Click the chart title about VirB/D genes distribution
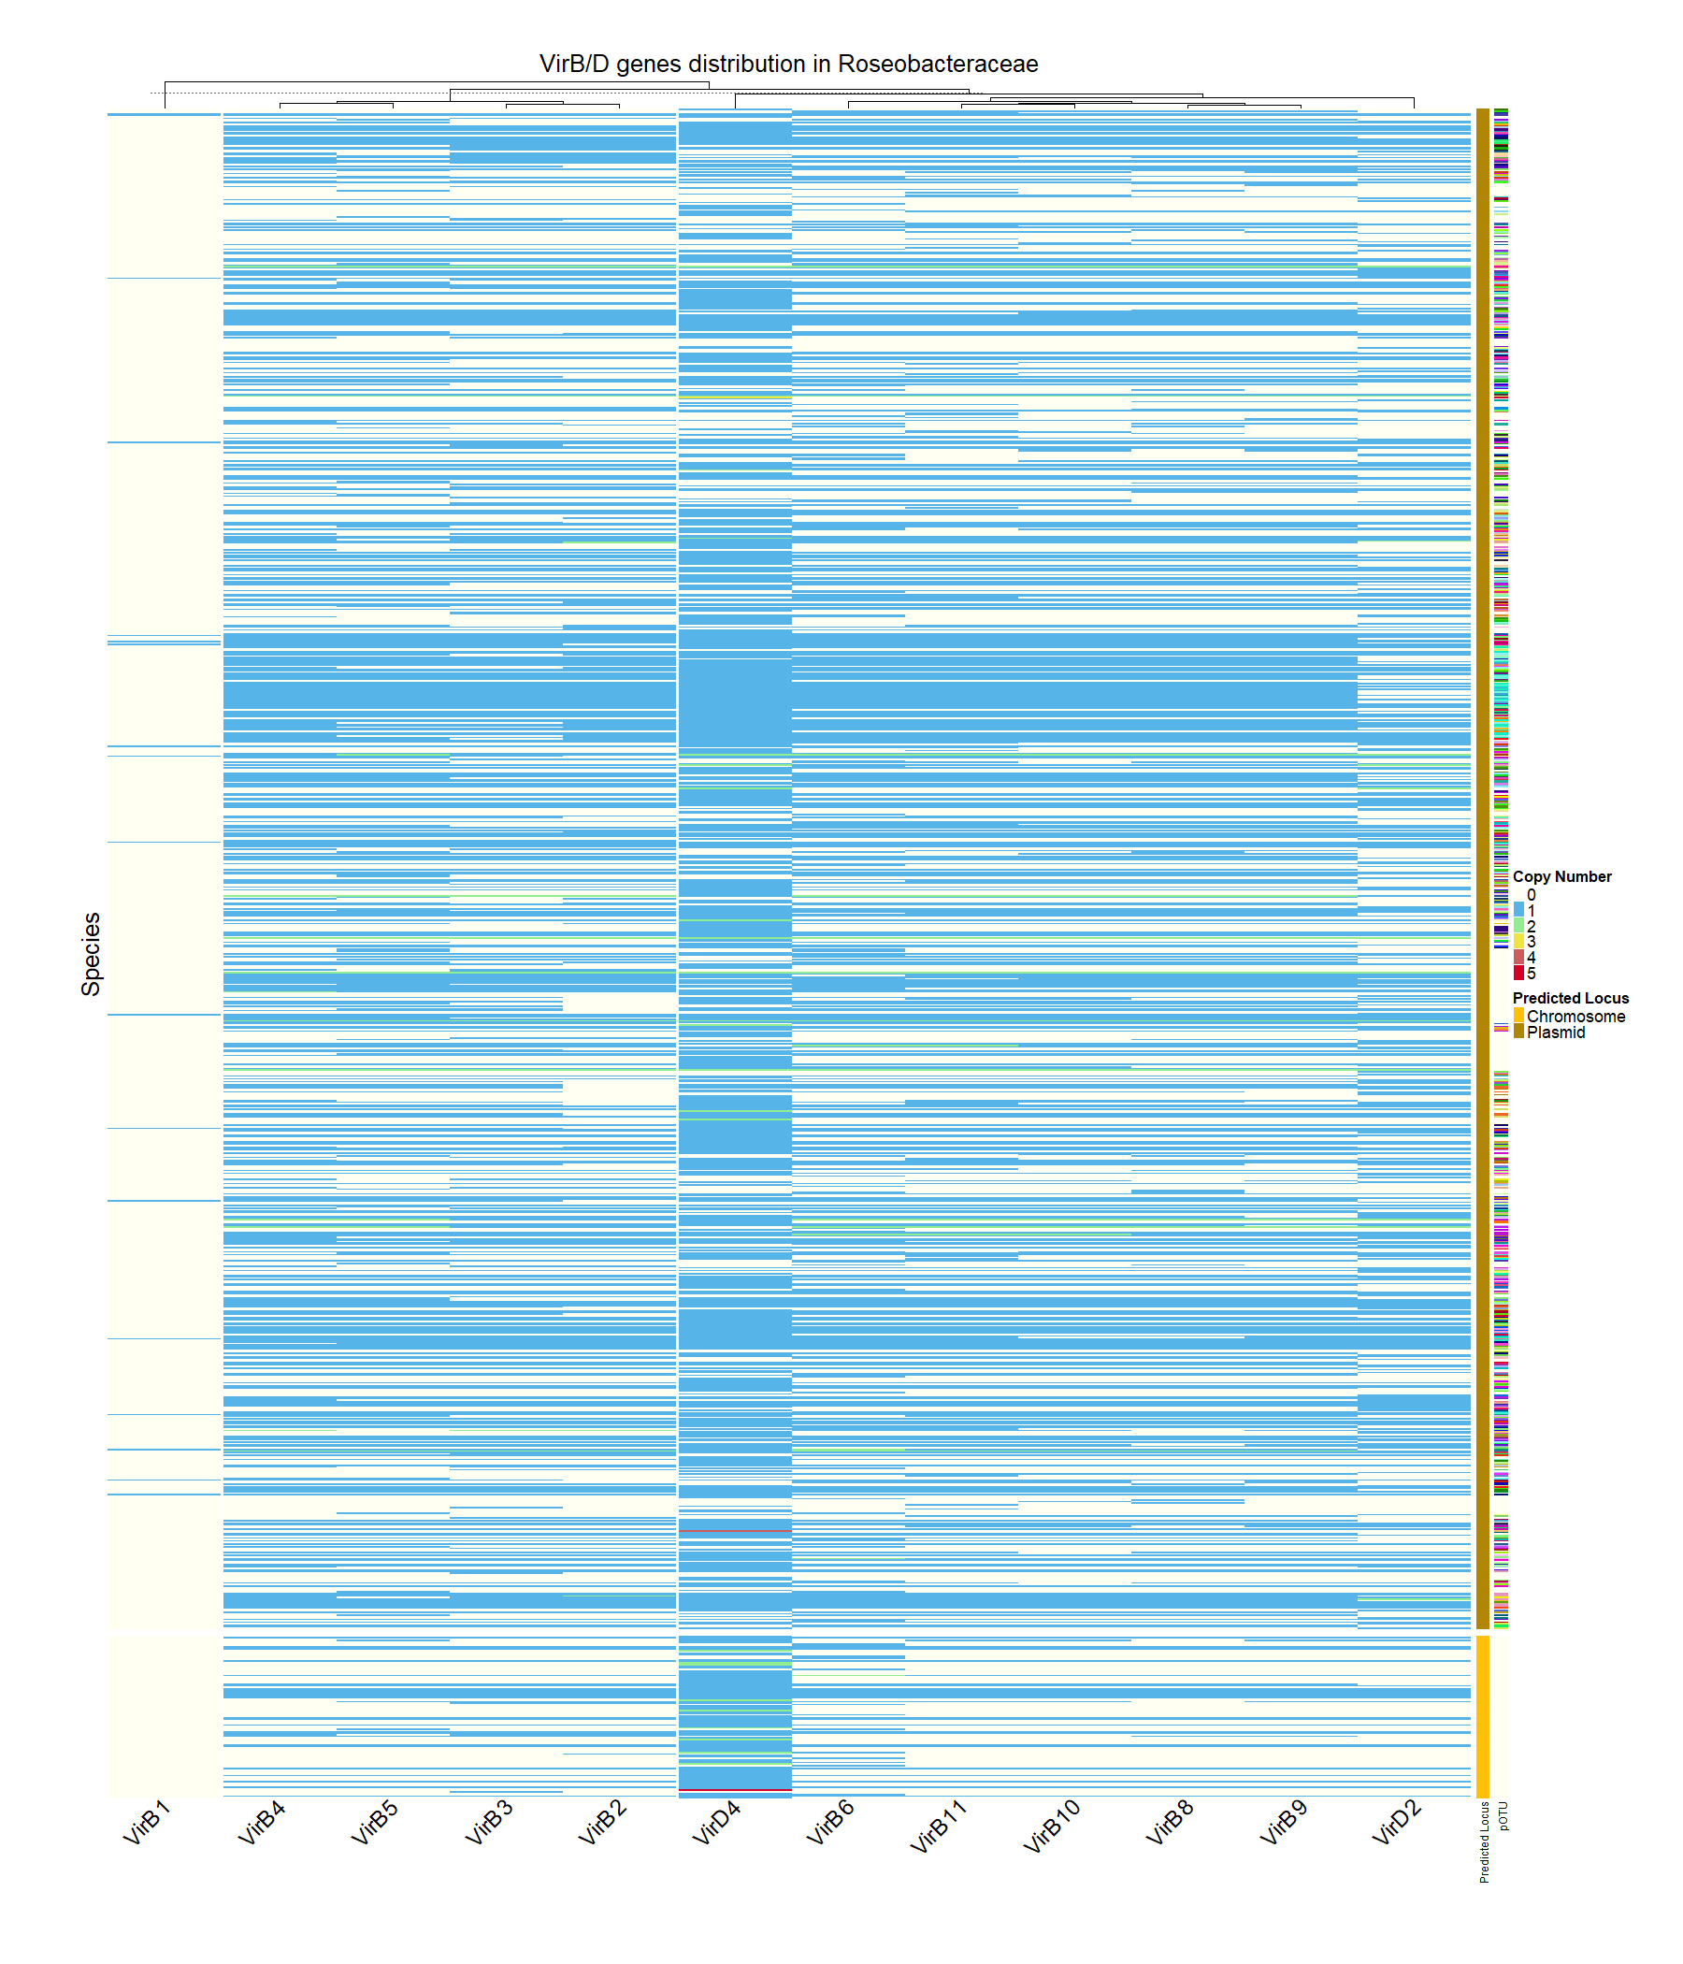pos(787,64)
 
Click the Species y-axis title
pos(91,954)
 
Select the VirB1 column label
pos(147,1822)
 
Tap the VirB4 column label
pos(261,1822)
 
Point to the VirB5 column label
pos(374,1822)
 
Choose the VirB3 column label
pos(488,1822)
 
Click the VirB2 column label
pos(602,1822)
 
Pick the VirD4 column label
pos(715,1822)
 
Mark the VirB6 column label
pos(830,1822)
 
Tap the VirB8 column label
pos(1170,1822)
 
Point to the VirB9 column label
pos(1283,1822)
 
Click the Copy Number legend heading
pos(1561,877)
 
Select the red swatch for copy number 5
pos(1518,973)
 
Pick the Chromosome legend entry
pos(1575,1016)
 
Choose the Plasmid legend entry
pos(1555,1033)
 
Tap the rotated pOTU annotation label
pos(1503,1815)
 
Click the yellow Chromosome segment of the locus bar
pos(1482,1715)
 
